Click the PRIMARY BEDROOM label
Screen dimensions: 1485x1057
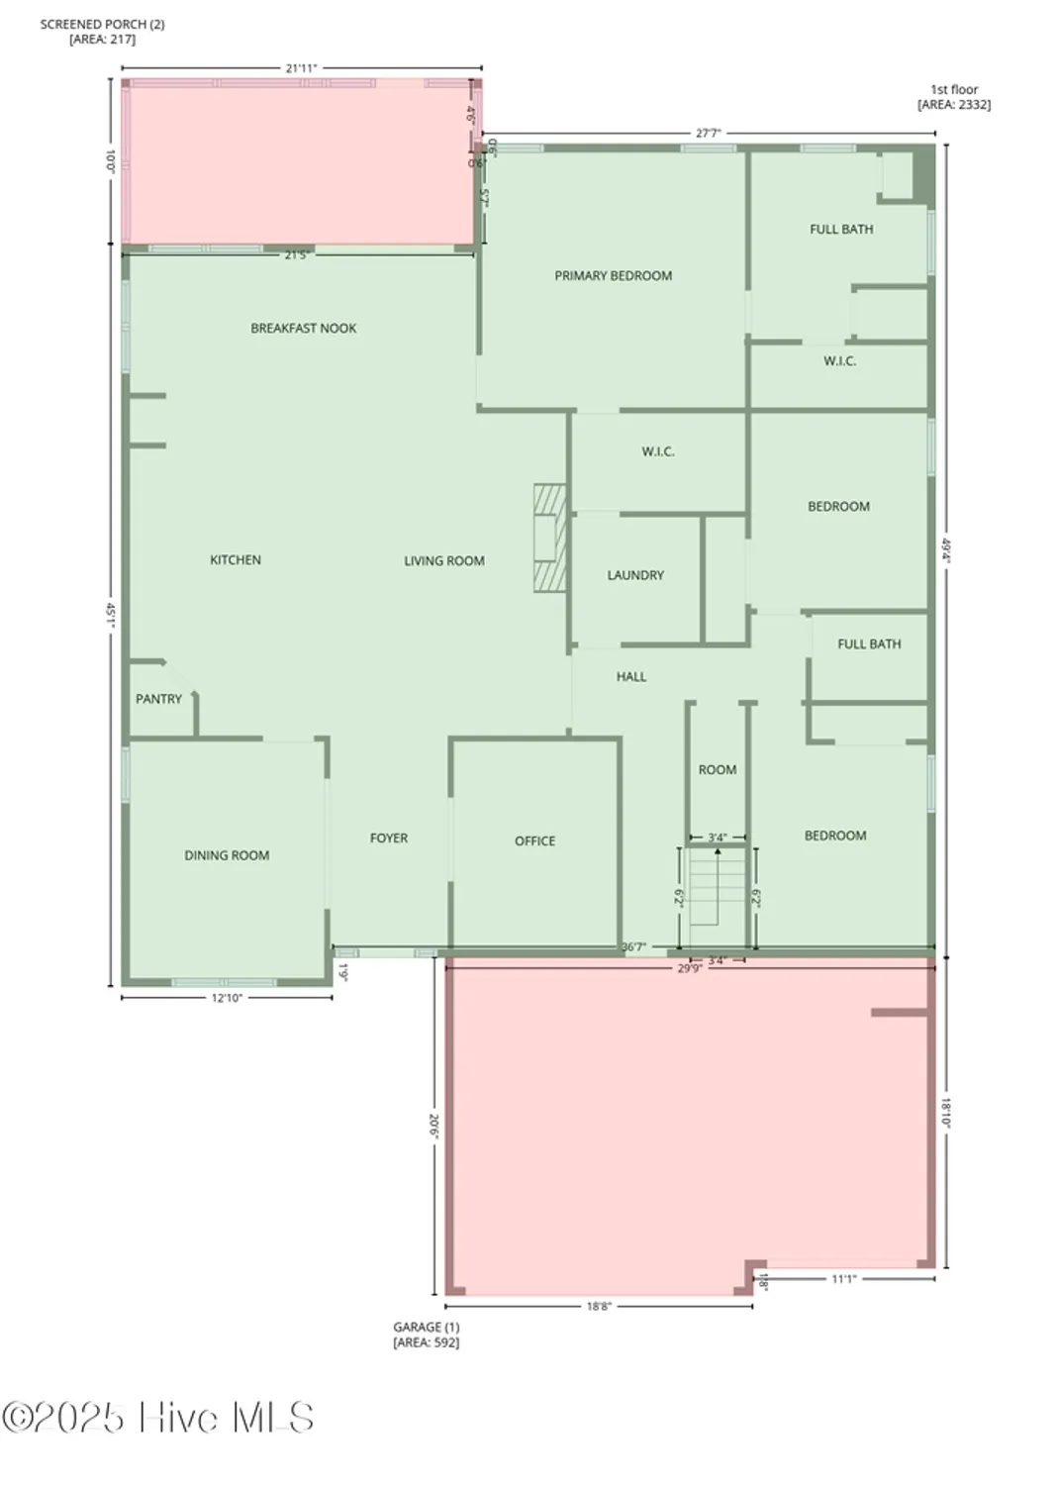click(613, 276)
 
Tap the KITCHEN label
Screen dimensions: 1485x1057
click(236, 560)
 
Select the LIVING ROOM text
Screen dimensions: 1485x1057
click(443, 561)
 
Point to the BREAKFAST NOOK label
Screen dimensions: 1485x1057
click(303, 329)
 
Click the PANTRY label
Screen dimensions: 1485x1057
click(158, 699)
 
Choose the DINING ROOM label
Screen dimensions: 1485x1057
click(227, 855)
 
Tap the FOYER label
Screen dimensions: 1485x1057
click(389, 839)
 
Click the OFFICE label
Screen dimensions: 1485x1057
click(534, 841)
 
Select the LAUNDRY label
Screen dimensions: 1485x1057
click(635, 575)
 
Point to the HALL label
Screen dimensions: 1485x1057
click(631, 677)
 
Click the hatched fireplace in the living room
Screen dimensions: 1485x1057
click(549, 539)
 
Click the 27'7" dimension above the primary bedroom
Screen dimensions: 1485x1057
click(708, 133)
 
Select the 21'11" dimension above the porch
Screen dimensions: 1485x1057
click(301, 68)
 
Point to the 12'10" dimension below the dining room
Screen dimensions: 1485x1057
click(227, 998)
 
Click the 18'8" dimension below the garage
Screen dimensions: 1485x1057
click(599, 1307)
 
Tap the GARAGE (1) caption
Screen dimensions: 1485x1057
click(427, 1328)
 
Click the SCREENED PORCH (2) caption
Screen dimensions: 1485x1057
click(102, 24)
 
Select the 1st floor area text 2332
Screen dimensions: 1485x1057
click(954, 105)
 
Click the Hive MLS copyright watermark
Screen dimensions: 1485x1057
click(158, 1418)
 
